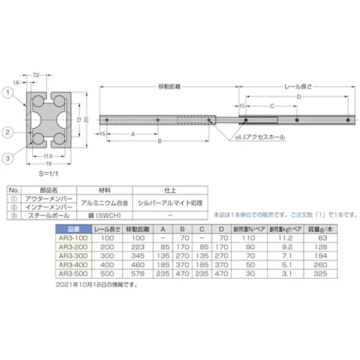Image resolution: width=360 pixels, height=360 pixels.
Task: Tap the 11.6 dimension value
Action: click(49, 157)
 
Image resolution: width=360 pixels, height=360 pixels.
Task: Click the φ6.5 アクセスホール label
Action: click(256, 137)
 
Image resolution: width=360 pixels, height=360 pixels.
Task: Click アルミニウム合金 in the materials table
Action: click(104, 202)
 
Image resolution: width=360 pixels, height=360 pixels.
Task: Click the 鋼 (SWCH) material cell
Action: click(104, 215)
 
